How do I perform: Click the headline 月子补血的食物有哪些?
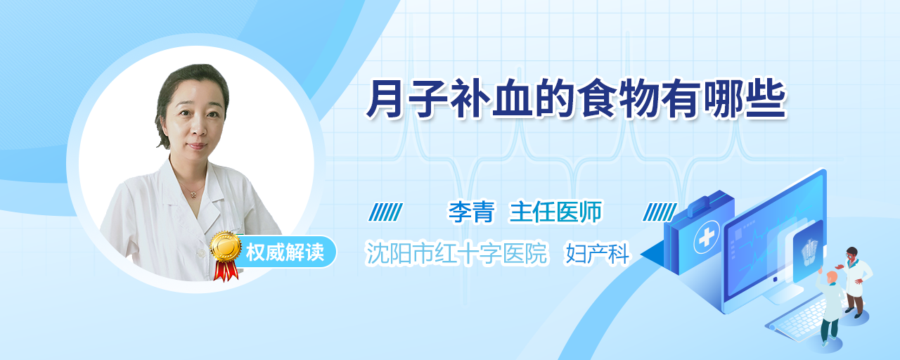[576, 99]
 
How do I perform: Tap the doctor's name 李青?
[471, 212]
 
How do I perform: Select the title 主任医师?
[555, 212]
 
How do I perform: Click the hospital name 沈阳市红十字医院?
[456, 254]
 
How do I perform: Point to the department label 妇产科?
[597, 254]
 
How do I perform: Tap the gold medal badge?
[226, 245]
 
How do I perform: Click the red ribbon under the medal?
[226, 271]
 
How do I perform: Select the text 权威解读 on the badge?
[285, 252]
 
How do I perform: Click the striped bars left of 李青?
[385, 212]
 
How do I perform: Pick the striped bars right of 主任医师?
[660, 212]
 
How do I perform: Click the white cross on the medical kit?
[707, 237]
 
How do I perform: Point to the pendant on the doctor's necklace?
[193, 195]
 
